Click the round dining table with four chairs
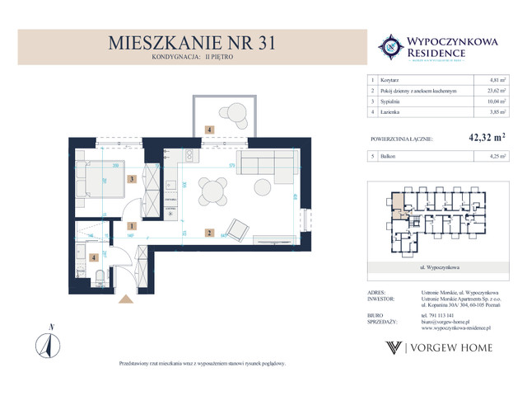click(213, 191)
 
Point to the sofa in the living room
click(264, 164)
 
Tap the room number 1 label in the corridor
click(132, 225)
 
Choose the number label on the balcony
click(210, 130)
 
